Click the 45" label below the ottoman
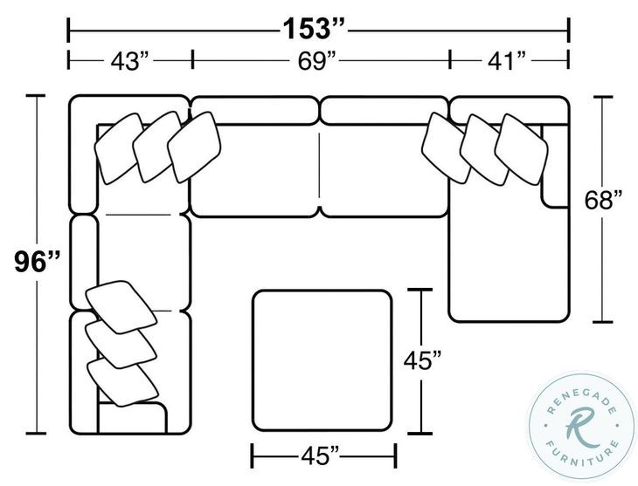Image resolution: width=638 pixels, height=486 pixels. [324, 455]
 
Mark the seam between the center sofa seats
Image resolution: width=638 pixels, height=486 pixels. [321, 166]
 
